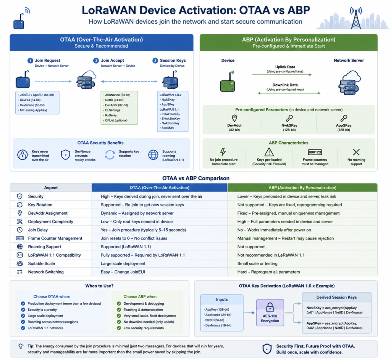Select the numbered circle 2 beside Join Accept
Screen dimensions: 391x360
click(x=96, y=61)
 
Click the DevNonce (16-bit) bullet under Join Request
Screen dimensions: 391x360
click(x=31, y=105)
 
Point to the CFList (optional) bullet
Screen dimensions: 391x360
click(x=115, y=121)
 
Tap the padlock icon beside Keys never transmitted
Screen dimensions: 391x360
click(x=23, y=154)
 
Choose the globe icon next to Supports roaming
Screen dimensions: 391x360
click(x=153, y=154)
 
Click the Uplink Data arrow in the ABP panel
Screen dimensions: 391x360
click(x=282, y=75)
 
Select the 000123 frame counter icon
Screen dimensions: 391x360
click(x=315, y=152)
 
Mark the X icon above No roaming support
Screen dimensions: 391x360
click(x=356, y=152)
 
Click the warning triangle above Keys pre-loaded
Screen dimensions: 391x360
click(x=269, y=152)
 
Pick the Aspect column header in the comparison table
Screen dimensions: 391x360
click(x=51, y=188)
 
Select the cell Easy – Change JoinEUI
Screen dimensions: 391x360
click(x=123, y=272)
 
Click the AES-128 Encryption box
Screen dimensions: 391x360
click(x=270, y=313)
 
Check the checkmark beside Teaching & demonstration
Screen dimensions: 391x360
click(x=119, y=310)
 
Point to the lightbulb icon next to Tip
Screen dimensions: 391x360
click(x=21, y=346)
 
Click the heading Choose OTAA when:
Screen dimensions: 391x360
click(x=52, y=297)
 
